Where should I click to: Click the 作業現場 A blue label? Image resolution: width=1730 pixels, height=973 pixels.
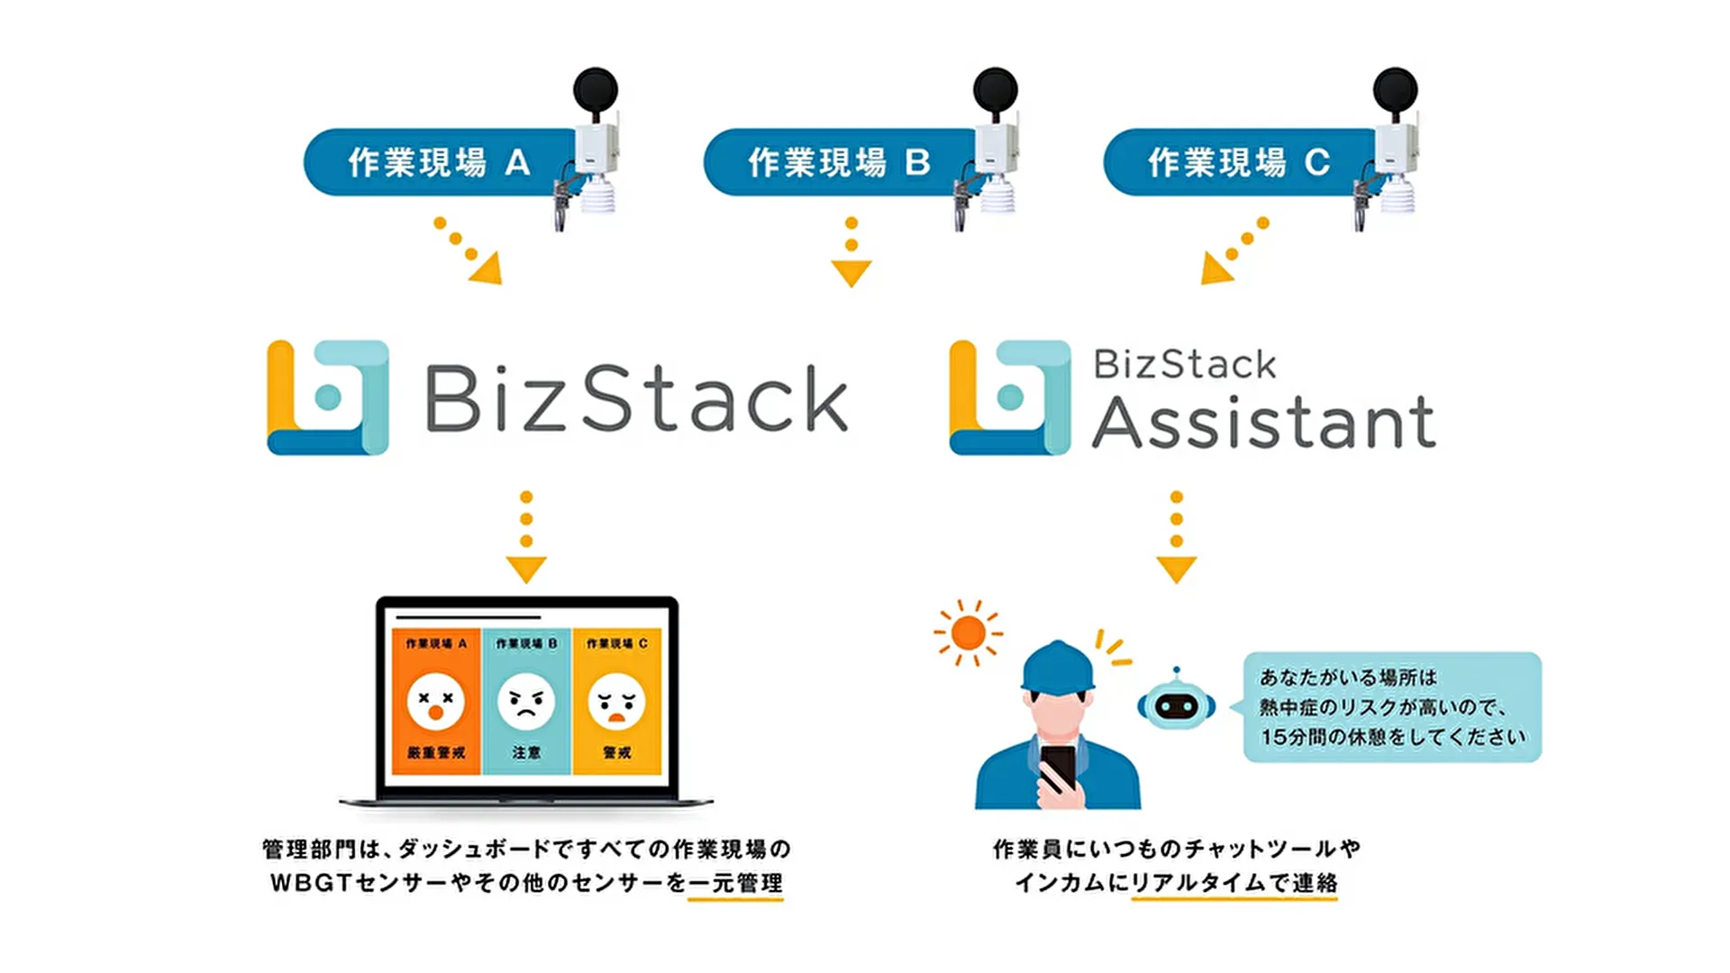(x=437, y=162)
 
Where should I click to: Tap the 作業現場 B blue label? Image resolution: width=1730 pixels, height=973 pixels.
(x=836, y=162)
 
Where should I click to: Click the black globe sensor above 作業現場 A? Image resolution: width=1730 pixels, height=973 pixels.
(x=596, y=90)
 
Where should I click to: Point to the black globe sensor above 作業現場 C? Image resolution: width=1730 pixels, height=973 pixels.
(x=1395, y=90)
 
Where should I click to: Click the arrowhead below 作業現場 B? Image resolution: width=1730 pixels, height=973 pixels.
(x=851, y=272)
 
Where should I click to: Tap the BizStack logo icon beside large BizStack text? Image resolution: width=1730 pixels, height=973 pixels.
(x=328, y=397)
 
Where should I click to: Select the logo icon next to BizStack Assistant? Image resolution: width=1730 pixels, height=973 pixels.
(x=1010, y=397)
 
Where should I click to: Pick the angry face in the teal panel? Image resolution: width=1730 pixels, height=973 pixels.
(x=526, y=702)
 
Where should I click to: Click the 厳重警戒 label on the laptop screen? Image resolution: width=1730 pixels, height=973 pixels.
(x=436, y=752)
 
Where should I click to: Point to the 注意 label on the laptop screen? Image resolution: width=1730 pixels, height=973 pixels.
(x=526, y=752)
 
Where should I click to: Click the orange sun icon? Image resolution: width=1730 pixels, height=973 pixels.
(x=968, y=632)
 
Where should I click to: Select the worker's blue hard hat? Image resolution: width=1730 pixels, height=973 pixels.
(x=1058, y=668)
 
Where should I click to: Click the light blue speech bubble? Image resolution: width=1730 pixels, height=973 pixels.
(x=1392, y=707)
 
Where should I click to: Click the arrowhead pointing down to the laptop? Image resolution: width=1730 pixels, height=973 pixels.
(x=526, y=569)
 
